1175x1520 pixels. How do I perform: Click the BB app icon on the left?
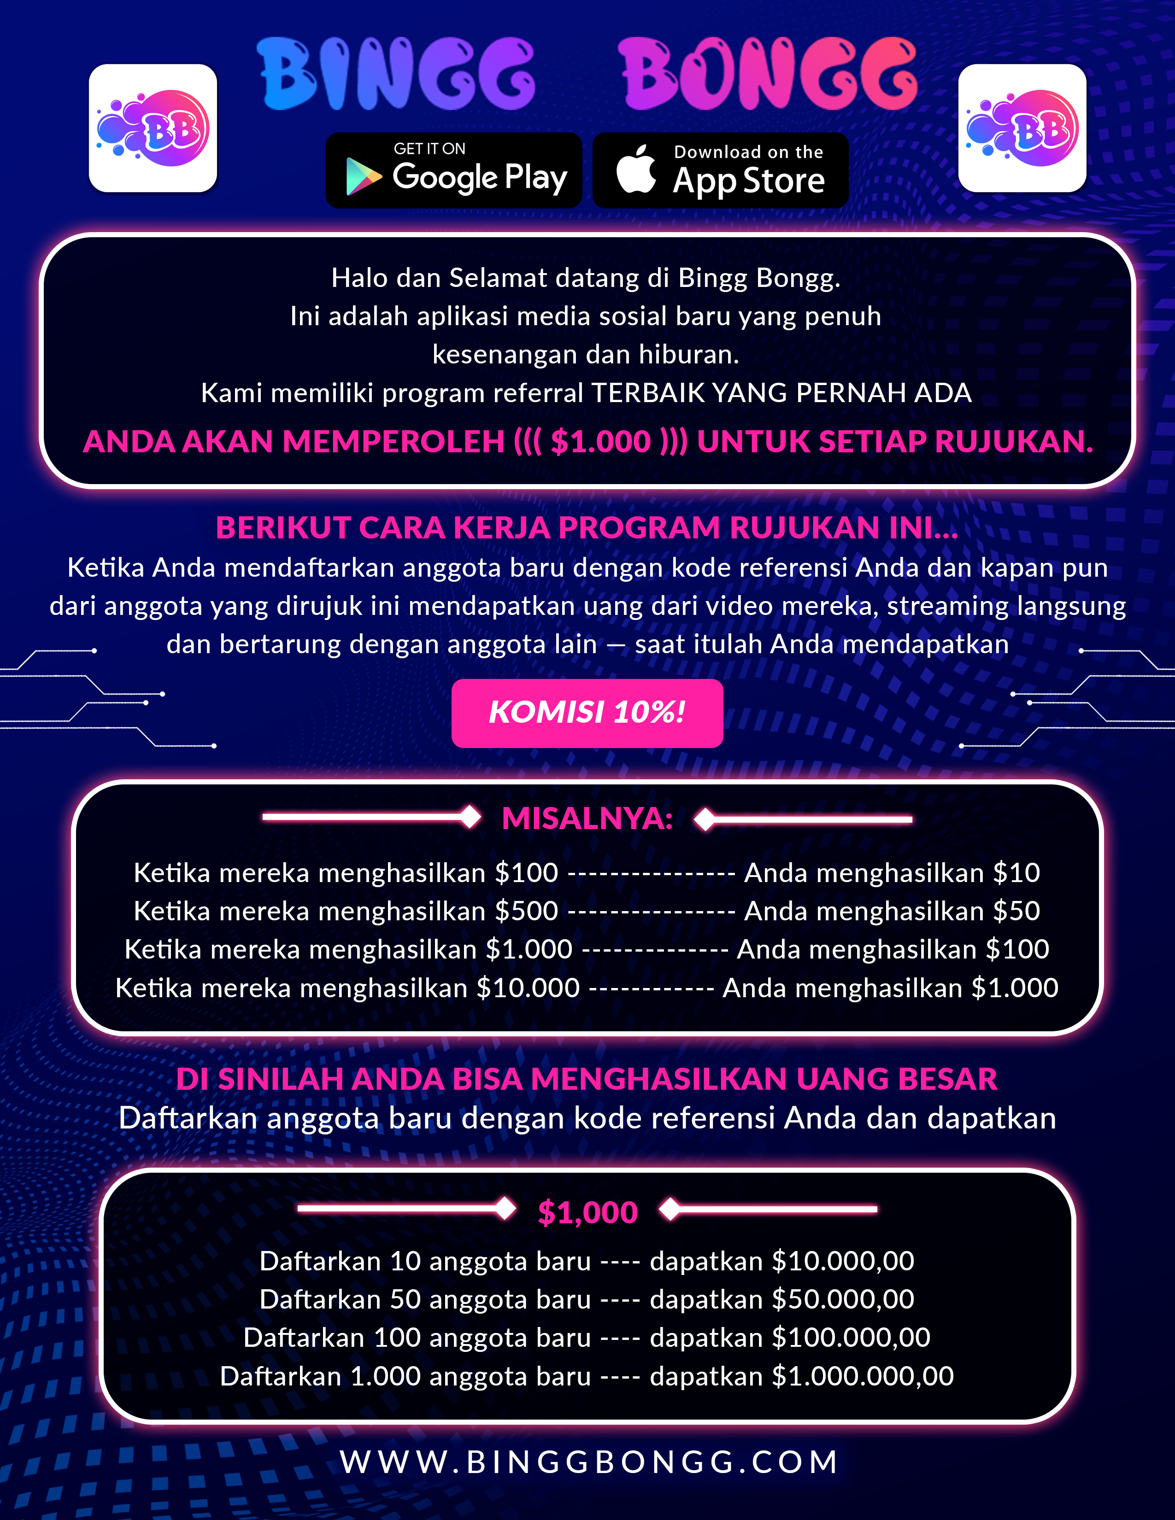(x=153, y=128)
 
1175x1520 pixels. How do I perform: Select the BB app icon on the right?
(x=1022, y=128)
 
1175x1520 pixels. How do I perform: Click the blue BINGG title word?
(x=396, y=74)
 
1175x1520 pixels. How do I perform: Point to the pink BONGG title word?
(x=768, y=74)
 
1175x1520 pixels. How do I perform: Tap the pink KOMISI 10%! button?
(x=587, y=713)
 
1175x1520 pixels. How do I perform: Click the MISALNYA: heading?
(x=587, y=818)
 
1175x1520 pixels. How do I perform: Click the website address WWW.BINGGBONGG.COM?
(x=589, y=1462)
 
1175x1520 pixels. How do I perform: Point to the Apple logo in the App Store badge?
(x=636, y=169)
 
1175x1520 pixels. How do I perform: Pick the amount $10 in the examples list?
(x=1016, y=873)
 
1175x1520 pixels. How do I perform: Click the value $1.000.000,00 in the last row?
(x=863, y=1376)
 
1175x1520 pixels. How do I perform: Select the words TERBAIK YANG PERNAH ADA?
(x=781, y=393)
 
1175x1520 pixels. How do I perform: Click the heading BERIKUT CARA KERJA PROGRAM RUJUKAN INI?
(x=587, y=527)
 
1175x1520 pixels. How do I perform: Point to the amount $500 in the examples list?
(x=526, y=911)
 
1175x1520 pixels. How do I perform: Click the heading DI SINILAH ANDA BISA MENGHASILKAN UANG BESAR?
(x=587, y=1079)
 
